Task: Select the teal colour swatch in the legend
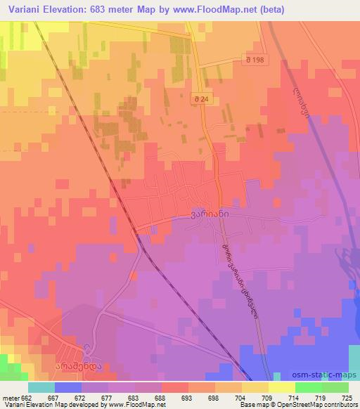click(41, 387)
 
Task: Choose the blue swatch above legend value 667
click(67, 387)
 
